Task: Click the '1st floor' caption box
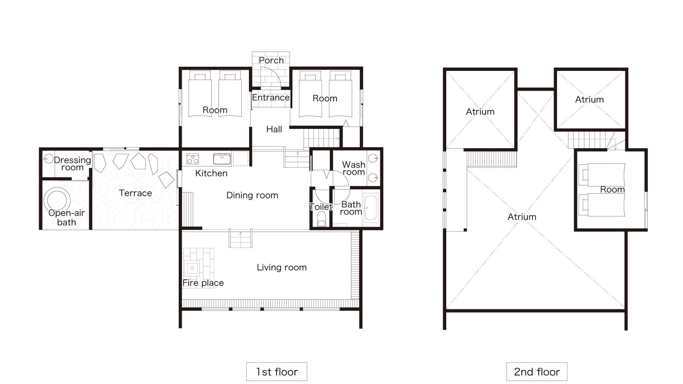(x=276, y=371)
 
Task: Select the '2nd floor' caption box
(x=537, y=371)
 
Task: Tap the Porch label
(x=271, y=60)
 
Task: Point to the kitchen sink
(x=222, y=158)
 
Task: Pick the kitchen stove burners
(x=193, y=159)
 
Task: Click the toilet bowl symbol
(x=321, y=219)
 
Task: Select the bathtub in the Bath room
(x=371, y=208)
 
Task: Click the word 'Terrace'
(x=135, y=193)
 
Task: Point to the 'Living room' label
(x=282, y=268)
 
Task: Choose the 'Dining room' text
(x=252, y=195)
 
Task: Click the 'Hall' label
(x=274, y=129)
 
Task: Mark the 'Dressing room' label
(x=72, y=164)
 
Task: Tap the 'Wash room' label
(x=353, y=168)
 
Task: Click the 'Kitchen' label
(x=211, y=173)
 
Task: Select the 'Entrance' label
(x=271, y=97)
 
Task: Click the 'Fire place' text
(x=203, y=283)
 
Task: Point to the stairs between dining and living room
(x=241, y=238)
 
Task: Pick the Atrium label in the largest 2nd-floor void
(x=522, y=217)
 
